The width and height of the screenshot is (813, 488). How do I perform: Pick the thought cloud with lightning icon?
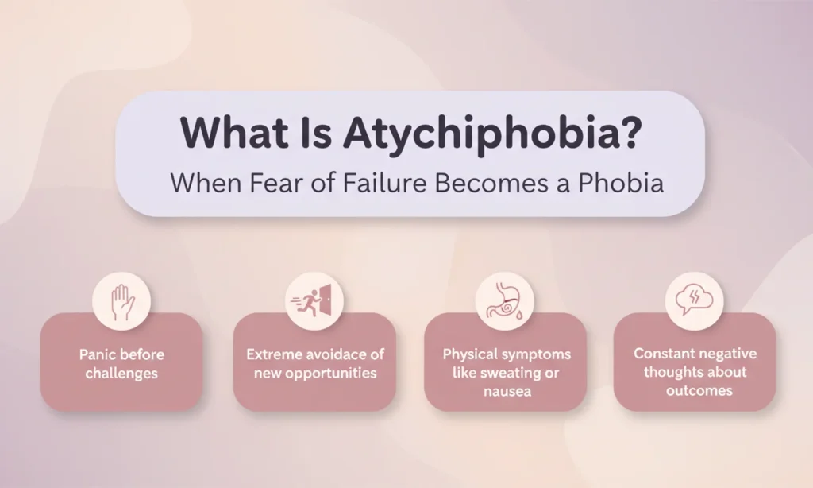[x=694, y=300]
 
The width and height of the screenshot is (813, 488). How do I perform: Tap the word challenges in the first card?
[x=121, y=373]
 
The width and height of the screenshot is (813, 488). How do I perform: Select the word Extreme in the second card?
[x=272, y=354]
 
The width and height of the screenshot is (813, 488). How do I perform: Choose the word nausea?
[x=505, y=391]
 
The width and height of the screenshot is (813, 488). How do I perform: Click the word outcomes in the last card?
[x=695, y=390]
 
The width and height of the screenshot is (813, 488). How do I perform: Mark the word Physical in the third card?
[x=466, y=354]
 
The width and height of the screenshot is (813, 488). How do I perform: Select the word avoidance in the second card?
[x=333, y=354]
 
